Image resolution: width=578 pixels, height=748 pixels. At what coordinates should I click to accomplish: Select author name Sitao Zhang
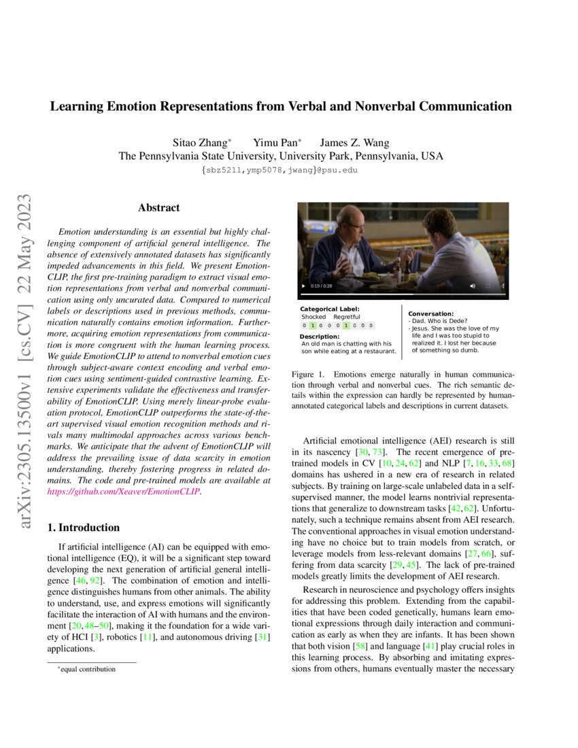click(x=202, y=143)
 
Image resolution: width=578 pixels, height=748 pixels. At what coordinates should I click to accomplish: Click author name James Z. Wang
click(x=354, y=143)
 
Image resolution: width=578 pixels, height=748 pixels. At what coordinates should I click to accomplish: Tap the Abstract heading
click(x=158, y=207)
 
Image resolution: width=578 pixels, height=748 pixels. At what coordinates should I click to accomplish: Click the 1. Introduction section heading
click(x=86, y=528)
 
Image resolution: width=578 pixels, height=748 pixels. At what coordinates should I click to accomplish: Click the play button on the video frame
click(x=304, y=286)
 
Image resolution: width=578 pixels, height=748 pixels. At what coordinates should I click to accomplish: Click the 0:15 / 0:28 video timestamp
click(x=322, y=286)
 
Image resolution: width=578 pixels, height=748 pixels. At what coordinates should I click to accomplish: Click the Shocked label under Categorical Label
click(x=313, y=317)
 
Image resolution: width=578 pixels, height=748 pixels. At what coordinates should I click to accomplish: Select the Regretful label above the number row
click(x=347, y=317)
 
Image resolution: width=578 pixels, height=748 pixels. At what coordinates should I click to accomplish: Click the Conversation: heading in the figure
click(x=430, y=313)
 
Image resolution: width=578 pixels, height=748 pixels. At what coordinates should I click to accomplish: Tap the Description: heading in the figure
click(x=320, y=337)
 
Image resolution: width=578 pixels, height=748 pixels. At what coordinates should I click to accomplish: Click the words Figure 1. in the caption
click(x=307, y=375)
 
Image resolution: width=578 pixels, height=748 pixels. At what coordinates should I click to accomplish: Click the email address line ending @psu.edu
click(x=279, y=170)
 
